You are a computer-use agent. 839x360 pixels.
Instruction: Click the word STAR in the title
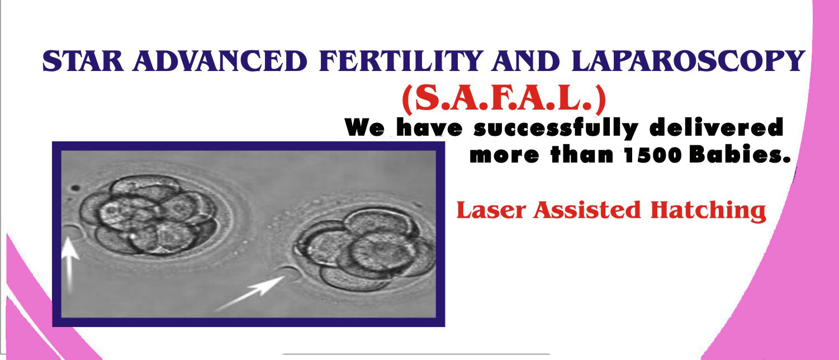(x=83, y=61)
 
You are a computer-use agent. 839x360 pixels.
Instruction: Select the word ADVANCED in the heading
(x=220, y=61)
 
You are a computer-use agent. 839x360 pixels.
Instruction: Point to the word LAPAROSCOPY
(x=689, y=61)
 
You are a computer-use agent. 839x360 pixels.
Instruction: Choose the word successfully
(x=556, y=128)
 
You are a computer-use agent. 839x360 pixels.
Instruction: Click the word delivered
(x=717, y=127)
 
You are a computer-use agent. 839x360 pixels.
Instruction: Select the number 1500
(x=653, y=155)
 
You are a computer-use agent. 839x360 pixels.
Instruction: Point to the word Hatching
(x=708, y=211)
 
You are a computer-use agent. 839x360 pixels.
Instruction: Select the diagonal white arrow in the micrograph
(x=250, y=293)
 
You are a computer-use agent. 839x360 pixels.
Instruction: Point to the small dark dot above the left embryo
(x=75, y=188)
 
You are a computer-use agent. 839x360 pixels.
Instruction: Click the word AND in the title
(x=526, y=61)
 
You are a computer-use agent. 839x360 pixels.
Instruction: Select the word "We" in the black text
(x=364, y=127)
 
